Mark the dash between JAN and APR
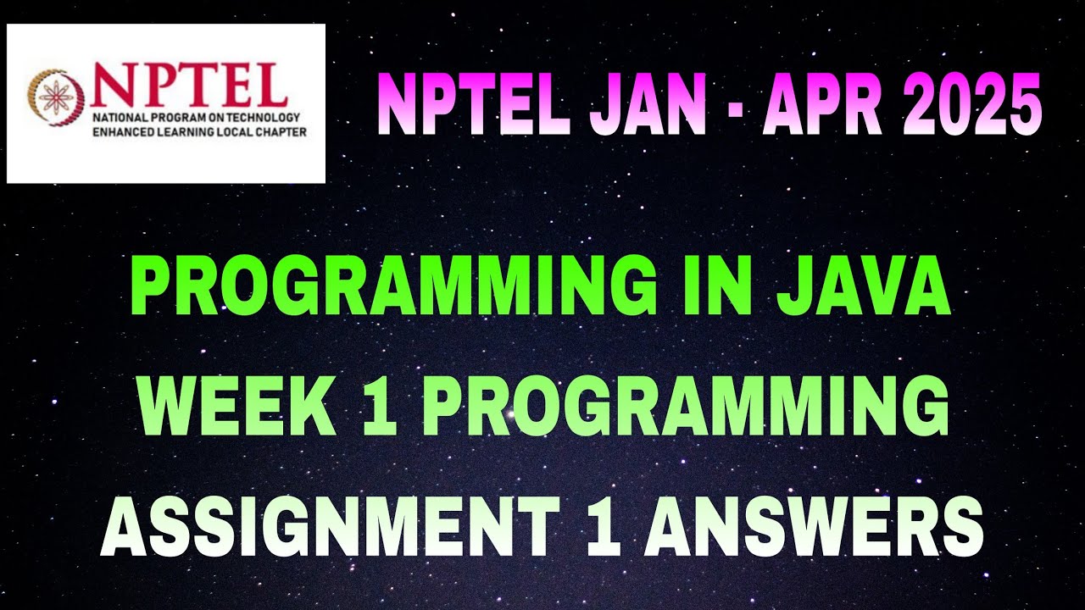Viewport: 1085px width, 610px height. pyautogui.click(x=734, y=108)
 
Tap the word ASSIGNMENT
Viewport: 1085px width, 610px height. pyautogui.click(x=326, y=525)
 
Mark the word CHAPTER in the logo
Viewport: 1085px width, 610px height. pyautogui.click(x=280, y=131)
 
